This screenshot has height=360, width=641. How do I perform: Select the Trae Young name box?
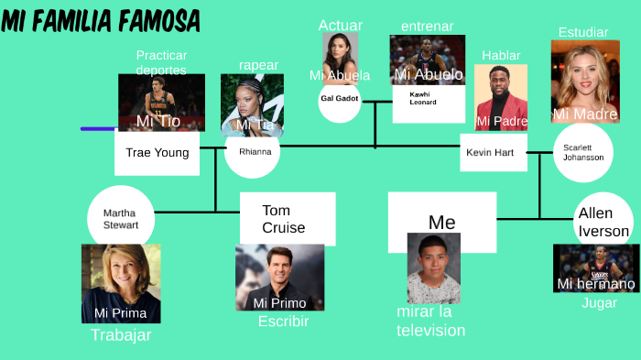(x=157, y=153)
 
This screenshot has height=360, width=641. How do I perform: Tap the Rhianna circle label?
(x=253, y=151)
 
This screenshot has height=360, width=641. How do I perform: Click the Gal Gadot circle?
(x=340, y=99)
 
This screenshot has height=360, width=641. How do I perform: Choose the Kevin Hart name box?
(x=493, y=152)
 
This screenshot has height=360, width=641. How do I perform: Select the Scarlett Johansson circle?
(x=583, y=152)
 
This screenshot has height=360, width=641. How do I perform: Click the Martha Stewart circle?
(x=121, y=219)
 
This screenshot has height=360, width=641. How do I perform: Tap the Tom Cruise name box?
(x=287, y=219)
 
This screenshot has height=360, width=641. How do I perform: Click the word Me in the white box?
(x=441, y=223)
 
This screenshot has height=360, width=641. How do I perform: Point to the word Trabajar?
(x=121, y=335)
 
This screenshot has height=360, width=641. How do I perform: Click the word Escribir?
(x=283, y=322)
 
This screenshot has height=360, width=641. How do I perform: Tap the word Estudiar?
(x=583, y=32)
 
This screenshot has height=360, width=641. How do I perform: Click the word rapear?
(x=258, y=65)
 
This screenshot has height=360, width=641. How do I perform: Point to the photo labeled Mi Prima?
(x=121, y=283)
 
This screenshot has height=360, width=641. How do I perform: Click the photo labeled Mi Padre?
(x=501, y=97)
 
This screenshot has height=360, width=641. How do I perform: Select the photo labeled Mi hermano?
(x=596, y=267)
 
